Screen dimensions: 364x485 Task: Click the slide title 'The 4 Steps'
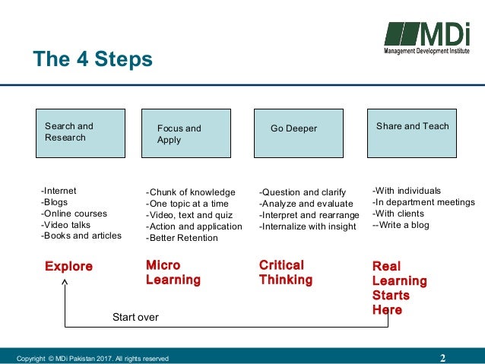(x=92, y=59)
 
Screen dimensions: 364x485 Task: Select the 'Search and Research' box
(x=80, y=133)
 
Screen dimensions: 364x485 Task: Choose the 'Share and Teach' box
(x=411, y=133)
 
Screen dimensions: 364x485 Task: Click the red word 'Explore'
(x=68, y=267)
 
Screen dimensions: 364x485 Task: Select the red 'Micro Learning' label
(x=173, y=273)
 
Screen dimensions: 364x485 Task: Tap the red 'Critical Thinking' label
(x=285, y=273)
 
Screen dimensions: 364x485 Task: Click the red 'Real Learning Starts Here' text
(x=399, y=288)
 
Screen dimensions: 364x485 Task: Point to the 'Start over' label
(x=135, y=317)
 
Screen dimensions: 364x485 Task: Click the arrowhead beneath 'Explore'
(x=65, y=283)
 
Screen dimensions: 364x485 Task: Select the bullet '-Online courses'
(x=74, y=214)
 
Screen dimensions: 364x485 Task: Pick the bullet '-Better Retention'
(x=182, y=238)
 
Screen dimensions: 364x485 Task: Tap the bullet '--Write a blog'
(x=402, y=225)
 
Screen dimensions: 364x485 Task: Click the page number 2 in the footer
(x=442, y=358)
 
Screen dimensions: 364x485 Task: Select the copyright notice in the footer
(x=93, y=359)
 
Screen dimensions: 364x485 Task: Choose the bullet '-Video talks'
(x=67, y=225)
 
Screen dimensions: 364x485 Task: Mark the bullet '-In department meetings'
(x=423, y=202)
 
